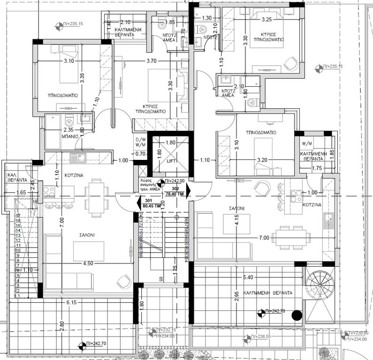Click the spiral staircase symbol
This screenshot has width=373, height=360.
pyautogui.click(x=320, y=285)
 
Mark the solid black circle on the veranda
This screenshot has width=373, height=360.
pyautogui.click(x=296, y=315)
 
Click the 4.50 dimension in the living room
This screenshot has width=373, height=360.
pyautogui.click(x=88, y=263)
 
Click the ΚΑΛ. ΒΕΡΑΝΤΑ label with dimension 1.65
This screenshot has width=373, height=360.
pyautogui.click(x=12, y=176)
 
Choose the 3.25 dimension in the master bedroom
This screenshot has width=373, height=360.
pyautogui.click(x=266, y=20)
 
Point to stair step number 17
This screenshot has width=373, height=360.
pyautogui.click(x=19, y=216)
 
